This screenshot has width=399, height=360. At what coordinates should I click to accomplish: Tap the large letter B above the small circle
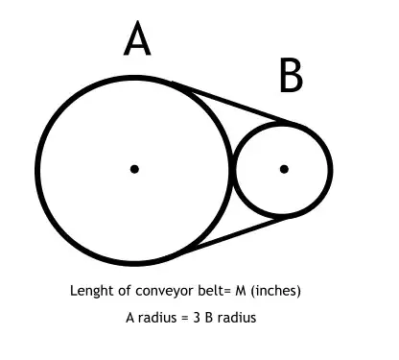click(292, 76)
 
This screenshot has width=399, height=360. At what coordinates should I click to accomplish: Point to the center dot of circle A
click(135, 169)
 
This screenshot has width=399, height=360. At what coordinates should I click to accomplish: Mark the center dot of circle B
click(284, 169)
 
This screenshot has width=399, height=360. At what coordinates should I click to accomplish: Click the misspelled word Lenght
click(90, 290)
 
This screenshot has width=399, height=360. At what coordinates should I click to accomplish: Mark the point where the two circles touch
click(233, 169)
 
